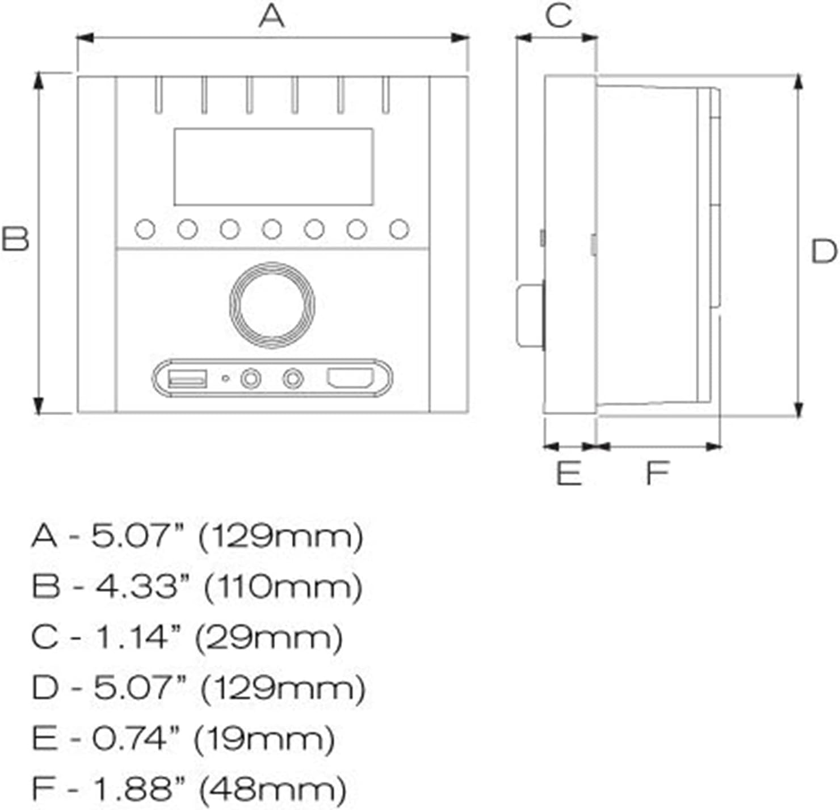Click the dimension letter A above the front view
[271, 16]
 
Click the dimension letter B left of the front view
[15, 239]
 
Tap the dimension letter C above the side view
[558, 15]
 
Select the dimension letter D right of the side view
[824, 251]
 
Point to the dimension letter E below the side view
[569, 473]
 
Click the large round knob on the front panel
[272, 305]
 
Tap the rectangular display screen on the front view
[273, 167]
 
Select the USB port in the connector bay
[187, 378]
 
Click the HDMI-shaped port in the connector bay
[350, 378]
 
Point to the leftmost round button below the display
[145, 230]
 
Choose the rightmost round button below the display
[399, 230]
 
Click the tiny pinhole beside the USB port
[225, 378]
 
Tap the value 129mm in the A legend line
[280, 536]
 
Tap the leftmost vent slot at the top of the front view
[158, 95]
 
